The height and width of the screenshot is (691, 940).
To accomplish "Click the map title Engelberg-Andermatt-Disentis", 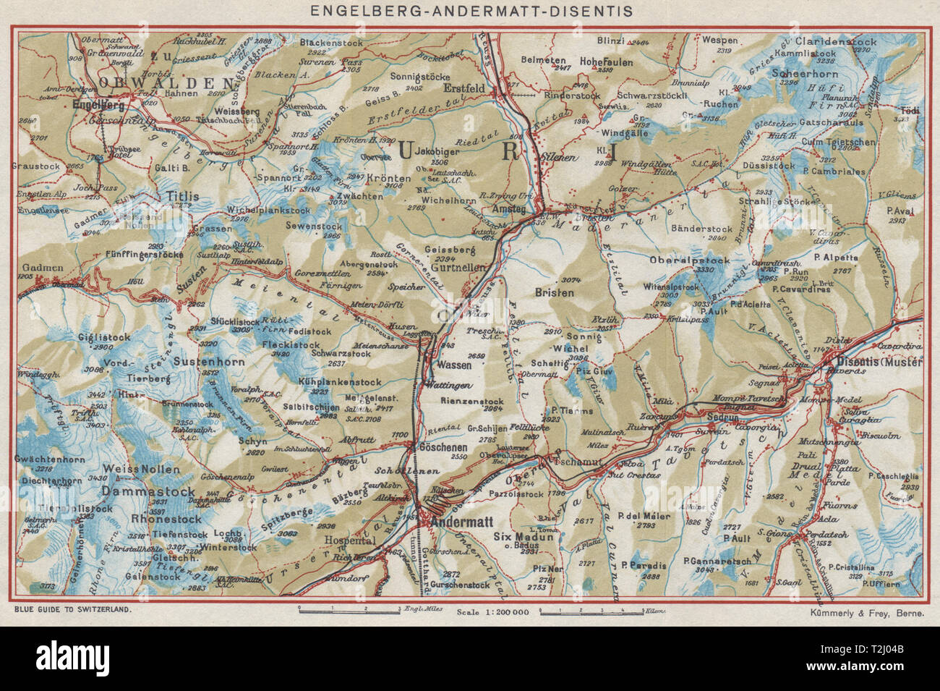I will coord(469,11).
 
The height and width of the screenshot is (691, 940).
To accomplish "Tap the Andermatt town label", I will coord(457,519).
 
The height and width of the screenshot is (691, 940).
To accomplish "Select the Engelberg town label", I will coord(96,104).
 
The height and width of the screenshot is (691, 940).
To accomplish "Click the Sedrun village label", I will coord(722,418).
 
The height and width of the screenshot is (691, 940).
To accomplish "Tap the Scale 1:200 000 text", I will coord(494,611).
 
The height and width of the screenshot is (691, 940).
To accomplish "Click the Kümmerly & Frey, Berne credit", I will coord(867,611).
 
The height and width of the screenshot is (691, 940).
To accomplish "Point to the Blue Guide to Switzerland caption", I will coord(72,610).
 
